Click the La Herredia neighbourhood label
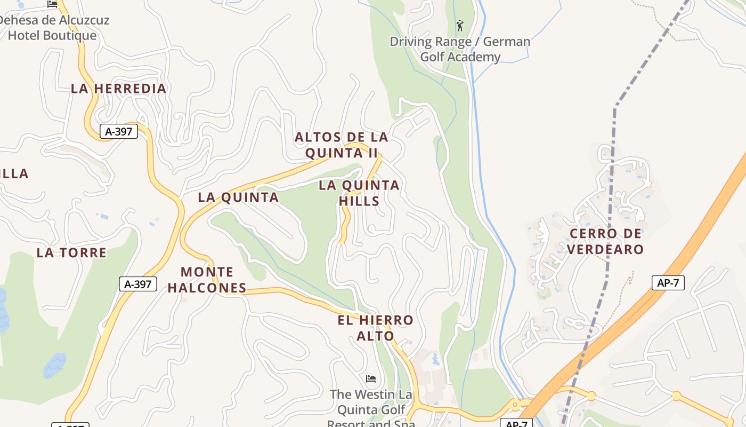coord(119,89)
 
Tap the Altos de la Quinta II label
coord(341,145)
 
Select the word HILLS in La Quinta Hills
coord(359,201)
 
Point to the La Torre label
coord(71,253)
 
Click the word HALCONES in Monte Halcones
coord(207,288)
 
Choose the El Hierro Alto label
coord(375,328)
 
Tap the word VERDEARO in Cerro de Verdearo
coord(605,249)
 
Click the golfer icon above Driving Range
coord(460,25)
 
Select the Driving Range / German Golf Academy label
coord(460,49)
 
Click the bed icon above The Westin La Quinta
coord(371,379)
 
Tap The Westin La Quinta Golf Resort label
coord(371,410)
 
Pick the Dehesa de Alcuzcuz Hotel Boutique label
coord(53,28)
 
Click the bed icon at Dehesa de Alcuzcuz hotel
coord(52,4)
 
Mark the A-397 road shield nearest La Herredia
coord(119,131)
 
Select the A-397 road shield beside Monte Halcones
coord(138,284)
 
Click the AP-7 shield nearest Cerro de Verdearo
coord(668,283)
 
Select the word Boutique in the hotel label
coord(71,36)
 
